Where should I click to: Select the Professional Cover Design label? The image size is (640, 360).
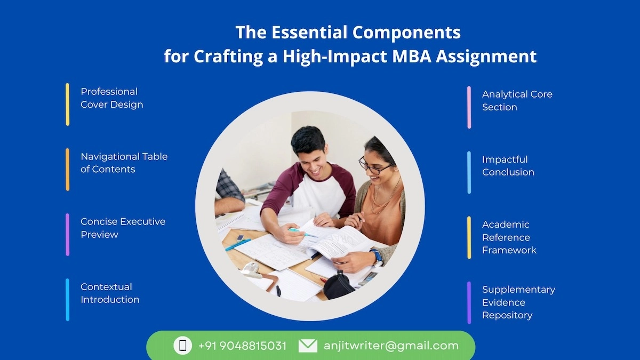(111, 98)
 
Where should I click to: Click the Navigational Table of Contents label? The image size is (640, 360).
(124, 163)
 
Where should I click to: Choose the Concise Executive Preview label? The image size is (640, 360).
(123, 228)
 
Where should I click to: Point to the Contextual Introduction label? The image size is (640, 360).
(110, 293)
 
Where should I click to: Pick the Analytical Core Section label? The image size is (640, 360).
(517, 100)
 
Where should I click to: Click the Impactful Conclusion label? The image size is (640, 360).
(508, 165)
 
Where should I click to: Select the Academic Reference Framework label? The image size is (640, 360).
(509, 237)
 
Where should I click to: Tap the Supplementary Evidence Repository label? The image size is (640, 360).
(518, 302)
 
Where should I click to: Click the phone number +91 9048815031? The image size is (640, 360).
(242, 346)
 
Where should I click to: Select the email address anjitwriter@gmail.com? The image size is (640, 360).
(391, 346)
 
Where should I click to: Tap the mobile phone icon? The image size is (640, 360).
(182, 346)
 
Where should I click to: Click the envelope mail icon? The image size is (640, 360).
(308, 346)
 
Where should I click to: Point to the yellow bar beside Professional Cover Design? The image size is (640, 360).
(68, 105)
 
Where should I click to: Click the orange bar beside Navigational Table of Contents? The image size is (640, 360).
(68, 169)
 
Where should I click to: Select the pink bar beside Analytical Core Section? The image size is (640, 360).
(469, 107)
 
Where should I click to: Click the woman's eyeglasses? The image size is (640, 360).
(376, 168)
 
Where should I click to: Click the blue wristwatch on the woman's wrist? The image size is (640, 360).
(378, 256)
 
